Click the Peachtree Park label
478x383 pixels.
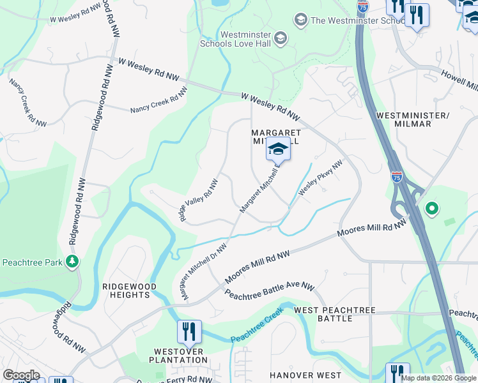coord(32,262)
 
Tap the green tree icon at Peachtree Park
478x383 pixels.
coord(73,261)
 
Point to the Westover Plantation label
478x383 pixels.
coord(181,356)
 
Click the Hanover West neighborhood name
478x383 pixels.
coord(305,375)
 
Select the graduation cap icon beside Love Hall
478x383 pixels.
coord(281,40)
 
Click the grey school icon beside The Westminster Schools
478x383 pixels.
coord(300,20)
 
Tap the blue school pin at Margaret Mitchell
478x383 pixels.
coord(278,150)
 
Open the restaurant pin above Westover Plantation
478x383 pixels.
coord(189,332)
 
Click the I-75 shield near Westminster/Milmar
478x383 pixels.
coord(397,177)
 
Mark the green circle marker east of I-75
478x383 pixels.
coord(432,208)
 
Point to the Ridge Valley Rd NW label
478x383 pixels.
coord(199,200)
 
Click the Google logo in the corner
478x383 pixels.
coord(21,375)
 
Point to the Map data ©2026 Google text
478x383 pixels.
coord(438,378)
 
